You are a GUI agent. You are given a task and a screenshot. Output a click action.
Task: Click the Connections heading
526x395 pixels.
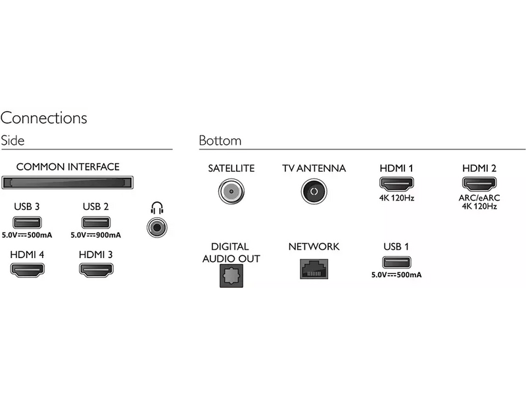click(44, 118)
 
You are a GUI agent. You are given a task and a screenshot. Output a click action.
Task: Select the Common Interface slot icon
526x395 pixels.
click(67, 182)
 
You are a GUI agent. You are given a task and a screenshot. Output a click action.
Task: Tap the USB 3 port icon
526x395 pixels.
click(26, 222)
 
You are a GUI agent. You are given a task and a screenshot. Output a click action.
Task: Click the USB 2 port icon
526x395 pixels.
click(95, 222)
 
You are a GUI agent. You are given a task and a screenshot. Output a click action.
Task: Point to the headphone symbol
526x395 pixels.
click(156, 209)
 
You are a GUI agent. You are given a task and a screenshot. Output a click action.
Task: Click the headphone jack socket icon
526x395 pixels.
click(156, 228)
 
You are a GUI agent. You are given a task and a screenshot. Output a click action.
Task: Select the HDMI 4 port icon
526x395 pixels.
click(26, 269)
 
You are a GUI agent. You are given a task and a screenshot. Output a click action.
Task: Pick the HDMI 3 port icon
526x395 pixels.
click(95, 269)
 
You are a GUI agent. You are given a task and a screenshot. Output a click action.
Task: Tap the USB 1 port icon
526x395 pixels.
click(396, 261)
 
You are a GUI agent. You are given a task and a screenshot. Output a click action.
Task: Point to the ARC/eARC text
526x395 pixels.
click(479, 197)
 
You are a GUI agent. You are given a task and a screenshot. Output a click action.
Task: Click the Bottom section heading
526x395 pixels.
click(220, 141)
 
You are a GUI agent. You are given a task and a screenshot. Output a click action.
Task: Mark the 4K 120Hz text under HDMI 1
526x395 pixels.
click(396, 197)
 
